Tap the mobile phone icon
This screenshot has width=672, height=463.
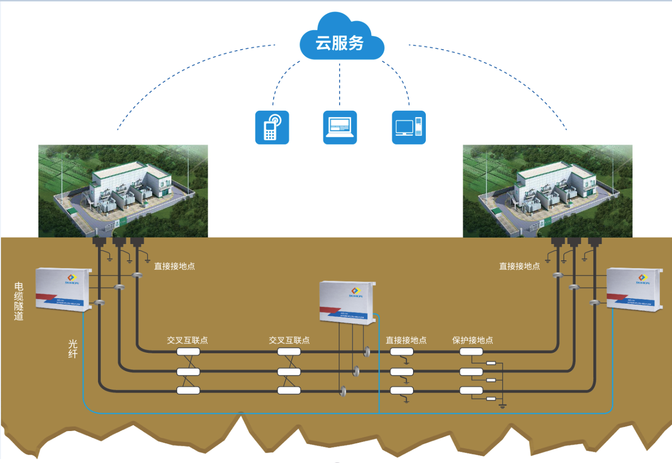tap(272, 127)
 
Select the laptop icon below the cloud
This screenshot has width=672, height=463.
tap(340, 127)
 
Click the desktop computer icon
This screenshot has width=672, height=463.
tap(409, 127)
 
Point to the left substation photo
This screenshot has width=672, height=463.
tap(123, 191)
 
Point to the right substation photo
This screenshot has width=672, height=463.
tap(547, 191)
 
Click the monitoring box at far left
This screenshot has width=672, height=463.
tap(64, 289)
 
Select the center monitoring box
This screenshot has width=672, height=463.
tap(347, 302)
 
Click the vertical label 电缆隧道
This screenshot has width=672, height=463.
tap(19, 301)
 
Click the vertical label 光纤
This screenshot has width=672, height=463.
tap(73, 348)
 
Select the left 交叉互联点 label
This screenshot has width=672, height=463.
tap(187, 340)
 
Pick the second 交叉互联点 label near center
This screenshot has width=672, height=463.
tap(289, 340)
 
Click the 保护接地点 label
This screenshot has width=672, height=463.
tap(473, 340)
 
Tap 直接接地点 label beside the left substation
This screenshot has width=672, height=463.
tap(174, 266)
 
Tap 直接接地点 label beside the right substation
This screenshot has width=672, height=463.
tap(519, 266)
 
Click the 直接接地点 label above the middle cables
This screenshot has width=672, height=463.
tap(406, 340)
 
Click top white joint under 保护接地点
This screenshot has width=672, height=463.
tap(471, 352)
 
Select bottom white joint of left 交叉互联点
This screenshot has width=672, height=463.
tap(188, 391)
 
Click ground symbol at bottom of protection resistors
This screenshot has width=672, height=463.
tap(503, 406)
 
